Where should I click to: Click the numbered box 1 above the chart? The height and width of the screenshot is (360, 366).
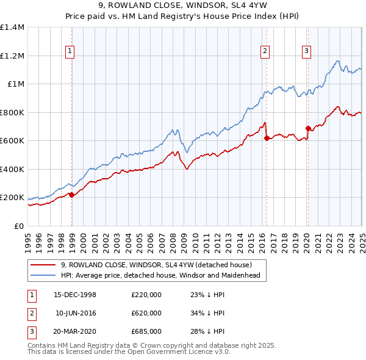(x=71, y=51)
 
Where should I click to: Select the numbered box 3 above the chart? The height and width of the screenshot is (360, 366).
(x=306, y=51)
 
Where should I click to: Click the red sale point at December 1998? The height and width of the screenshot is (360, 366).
(x=72, y=195)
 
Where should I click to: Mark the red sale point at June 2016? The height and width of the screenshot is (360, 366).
(x=267, y=138)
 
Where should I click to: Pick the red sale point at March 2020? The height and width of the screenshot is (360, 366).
(x=308, y=129)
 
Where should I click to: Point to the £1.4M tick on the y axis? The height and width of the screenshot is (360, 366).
(x=12, y=27)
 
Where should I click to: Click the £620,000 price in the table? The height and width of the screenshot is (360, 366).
(x=146, y=313)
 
